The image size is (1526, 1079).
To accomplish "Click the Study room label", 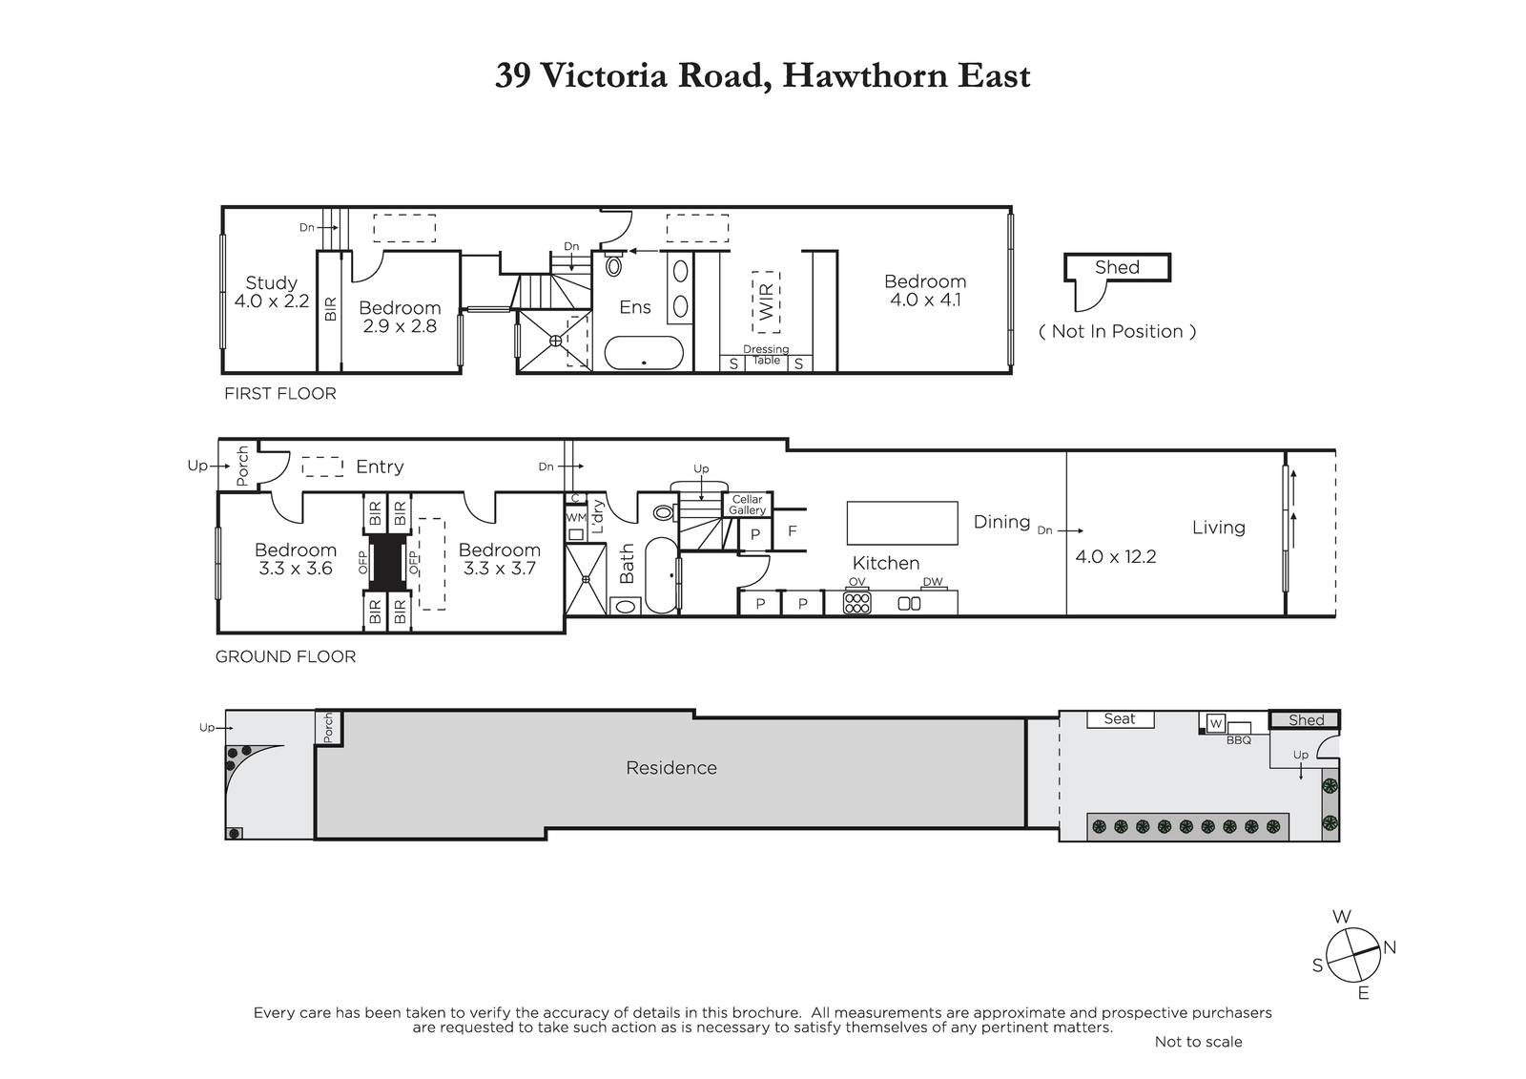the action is point(271,282).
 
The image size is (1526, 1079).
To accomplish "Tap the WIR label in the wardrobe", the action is point(767,302).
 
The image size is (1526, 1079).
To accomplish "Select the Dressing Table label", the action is point(766,355).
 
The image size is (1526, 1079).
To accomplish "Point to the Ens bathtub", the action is point(644,352).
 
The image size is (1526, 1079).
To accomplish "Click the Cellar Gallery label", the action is point(748,505).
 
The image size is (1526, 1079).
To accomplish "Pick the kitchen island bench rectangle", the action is point(902,523).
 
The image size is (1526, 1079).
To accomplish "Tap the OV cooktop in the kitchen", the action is point(857,603).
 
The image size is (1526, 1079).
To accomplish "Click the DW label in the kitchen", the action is point(933,581).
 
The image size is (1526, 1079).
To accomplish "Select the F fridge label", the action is point(793,530).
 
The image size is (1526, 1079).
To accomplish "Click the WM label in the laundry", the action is point(576,517).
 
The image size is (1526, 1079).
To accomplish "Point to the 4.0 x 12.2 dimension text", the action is point(1115,557).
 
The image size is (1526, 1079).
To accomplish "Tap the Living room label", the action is point(1218,528).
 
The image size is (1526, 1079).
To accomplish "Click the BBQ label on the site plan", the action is point(1239,740).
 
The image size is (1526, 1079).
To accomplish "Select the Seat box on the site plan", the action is point(1120,719).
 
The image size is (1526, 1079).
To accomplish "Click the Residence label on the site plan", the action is point(671,768).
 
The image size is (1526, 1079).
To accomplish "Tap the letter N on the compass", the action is point(1390,946).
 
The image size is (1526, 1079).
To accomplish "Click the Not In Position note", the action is point(1117,331).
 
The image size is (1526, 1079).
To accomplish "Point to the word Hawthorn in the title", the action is point(864,75).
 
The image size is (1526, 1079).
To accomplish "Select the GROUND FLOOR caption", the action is point(285,656).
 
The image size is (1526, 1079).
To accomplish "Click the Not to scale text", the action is point(1198,1042).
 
